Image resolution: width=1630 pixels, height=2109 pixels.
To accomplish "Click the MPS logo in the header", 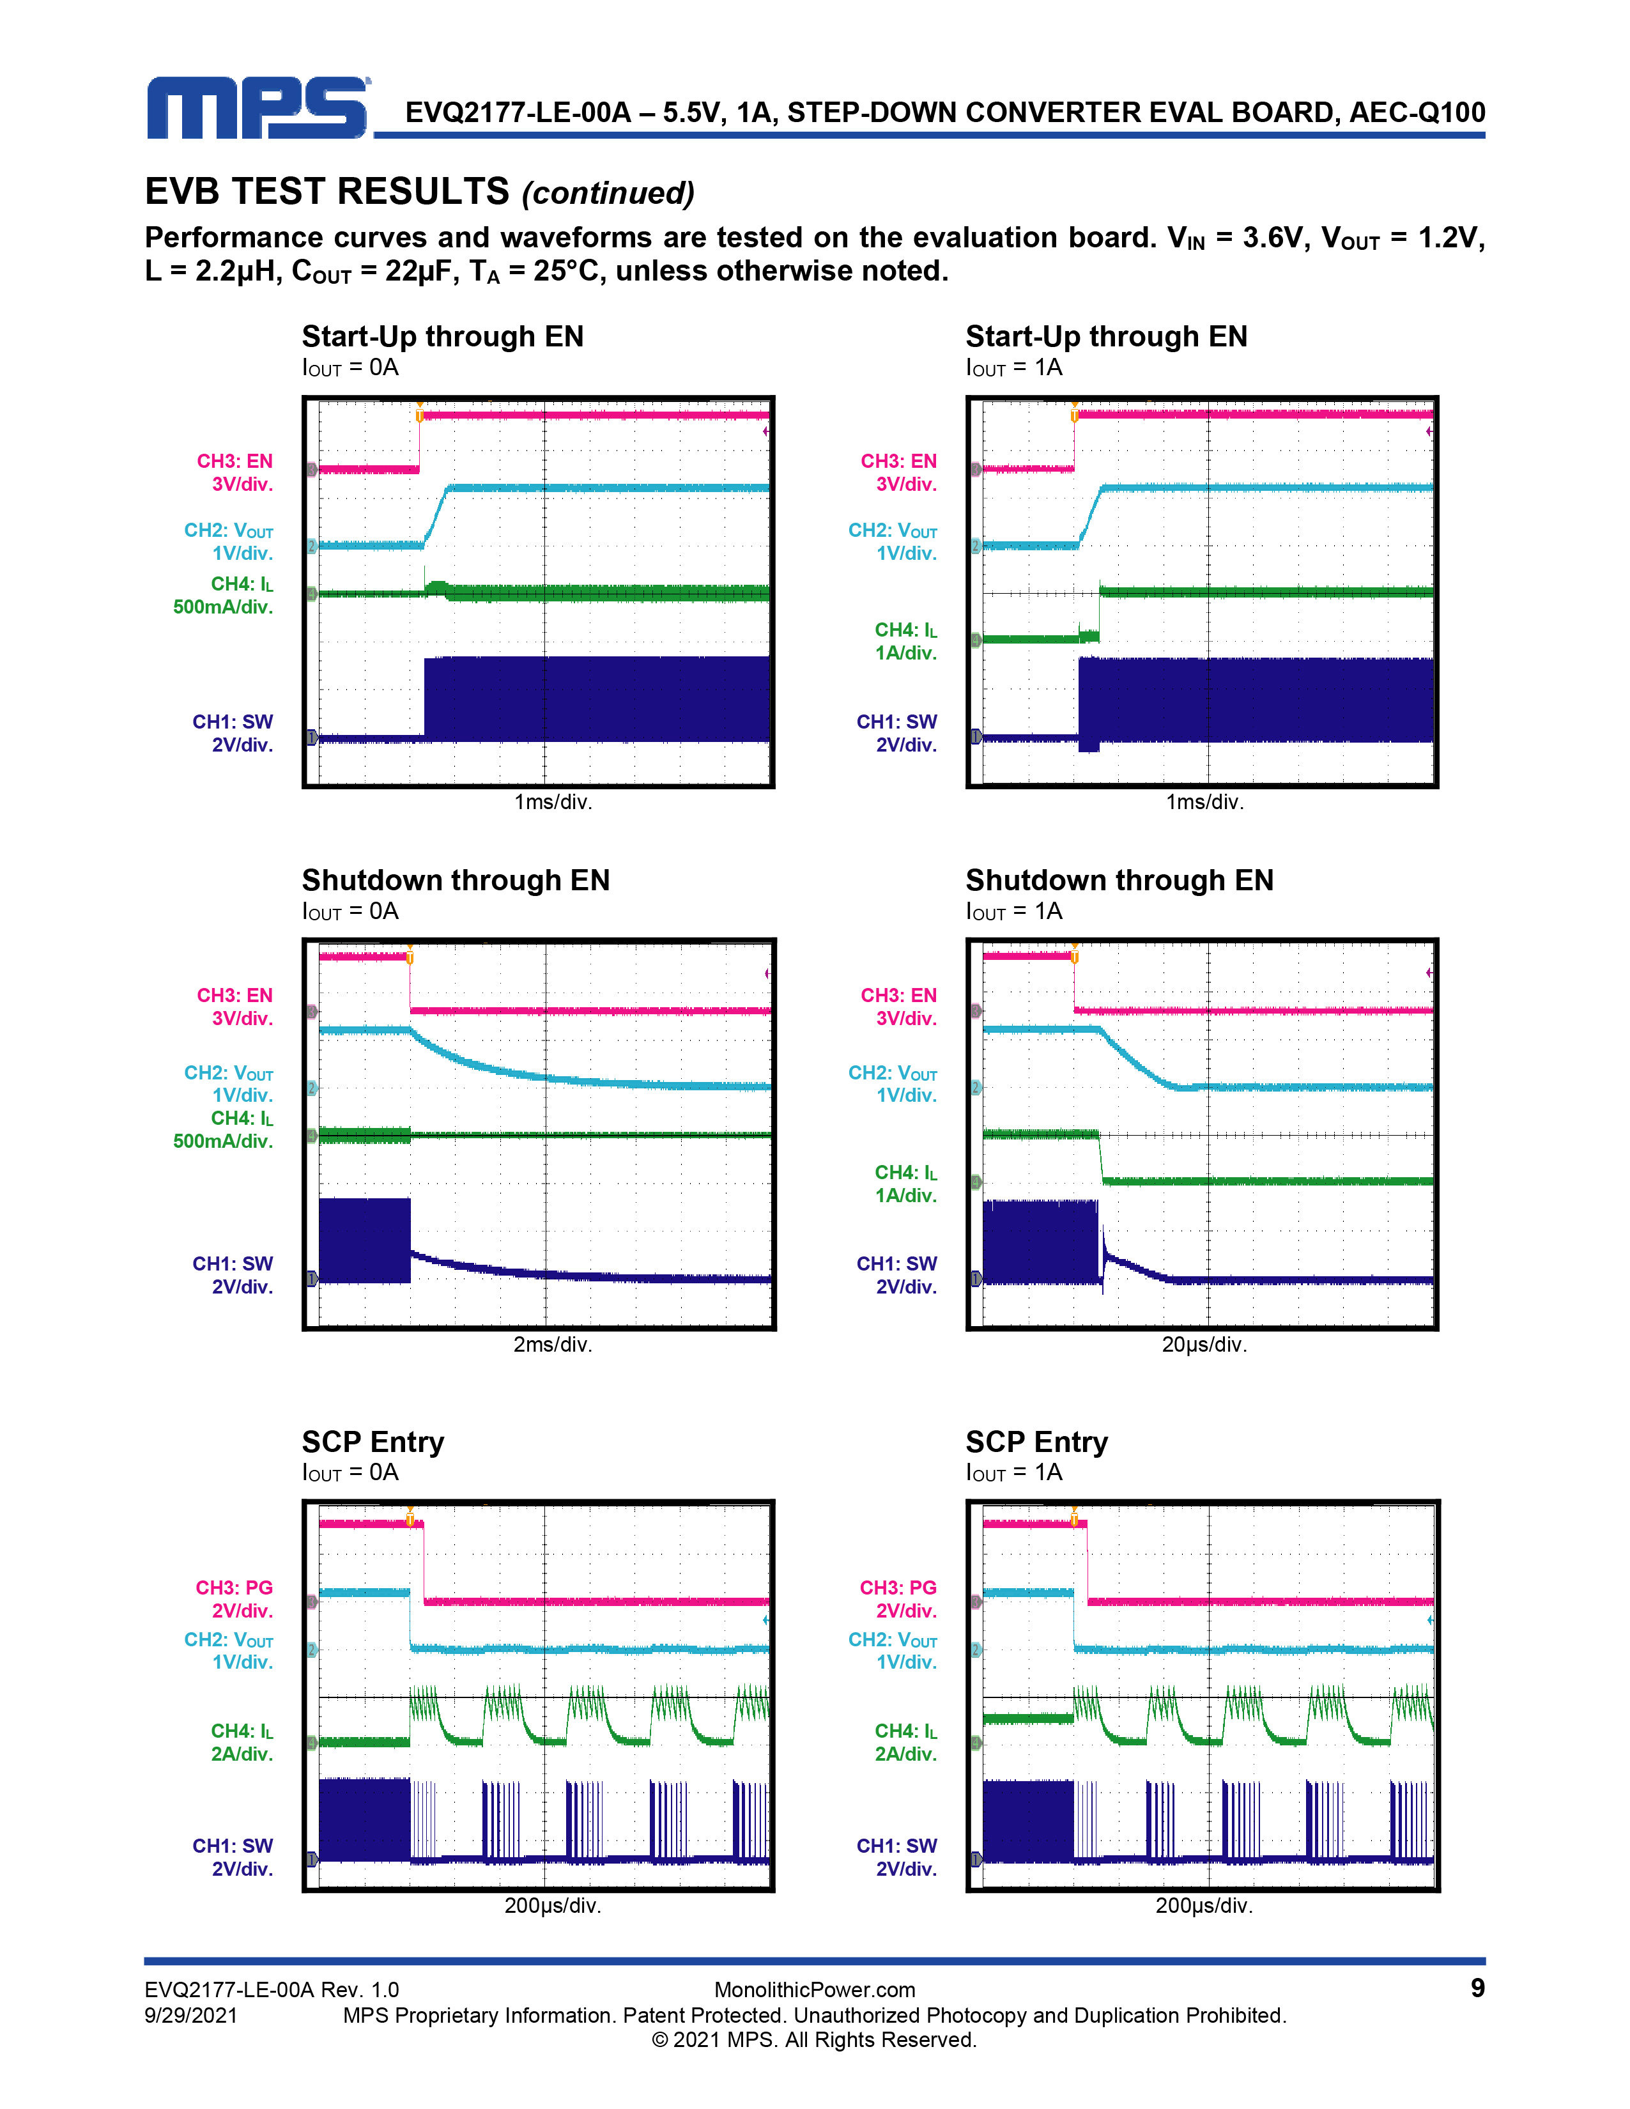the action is click(x=258, y=108).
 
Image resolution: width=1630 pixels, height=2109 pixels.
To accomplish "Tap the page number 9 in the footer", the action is click(x=1477, y=1988).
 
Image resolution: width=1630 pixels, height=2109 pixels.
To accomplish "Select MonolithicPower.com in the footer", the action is click(x=814, y=1989).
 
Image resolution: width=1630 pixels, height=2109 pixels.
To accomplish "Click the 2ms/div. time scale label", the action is click(x=552, y=1344).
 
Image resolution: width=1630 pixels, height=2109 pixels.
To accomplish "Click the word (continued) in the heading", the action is click(x=608, y=193).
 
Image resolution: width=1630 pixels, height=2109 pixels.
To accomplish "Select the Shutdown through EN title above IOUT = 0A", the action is click(x=456, y=880).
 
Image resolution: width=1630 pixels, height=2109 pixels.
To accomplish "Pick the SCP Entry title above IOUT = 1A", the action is click(x=1036, y=1442).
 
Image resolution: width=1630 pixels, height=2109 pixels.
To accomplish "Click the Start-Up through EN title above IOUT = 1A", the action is click(x=1107, y=336).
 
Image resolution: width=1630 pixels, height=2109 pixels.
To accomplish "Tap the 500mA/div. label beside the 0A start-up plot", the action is click(x=223, y=606).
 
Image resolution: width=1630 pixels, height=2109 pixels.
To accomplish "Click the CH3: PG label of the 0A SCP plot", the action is click(x=235, y=1588).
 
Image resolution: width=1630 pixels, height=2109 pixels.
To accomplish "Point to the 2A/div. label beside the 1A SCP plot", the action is click(x=906, y=1754).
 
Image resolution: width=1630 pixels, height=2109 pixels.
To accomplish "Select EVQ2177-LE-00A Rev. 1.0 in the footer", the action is click(x=272, y=1989).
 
